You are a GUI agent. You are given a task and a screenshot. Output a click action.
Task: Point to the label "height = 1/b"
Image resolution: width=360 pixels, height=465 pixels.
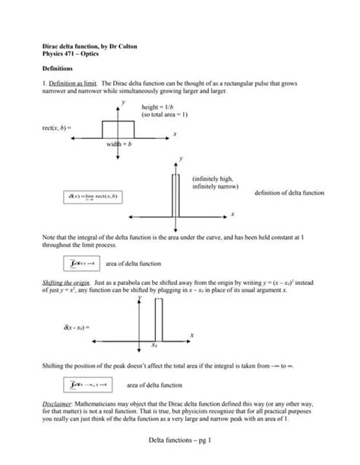(x=159, y=108)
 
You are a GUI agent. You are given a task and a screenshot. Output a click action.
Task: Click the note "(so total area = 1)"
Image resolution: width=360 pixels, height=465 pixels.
(x=165, y=115)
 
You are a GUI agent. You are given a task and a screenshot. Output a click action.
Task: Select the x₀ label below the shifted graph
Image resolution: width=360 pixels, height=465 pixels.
(x=154, y=346)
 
